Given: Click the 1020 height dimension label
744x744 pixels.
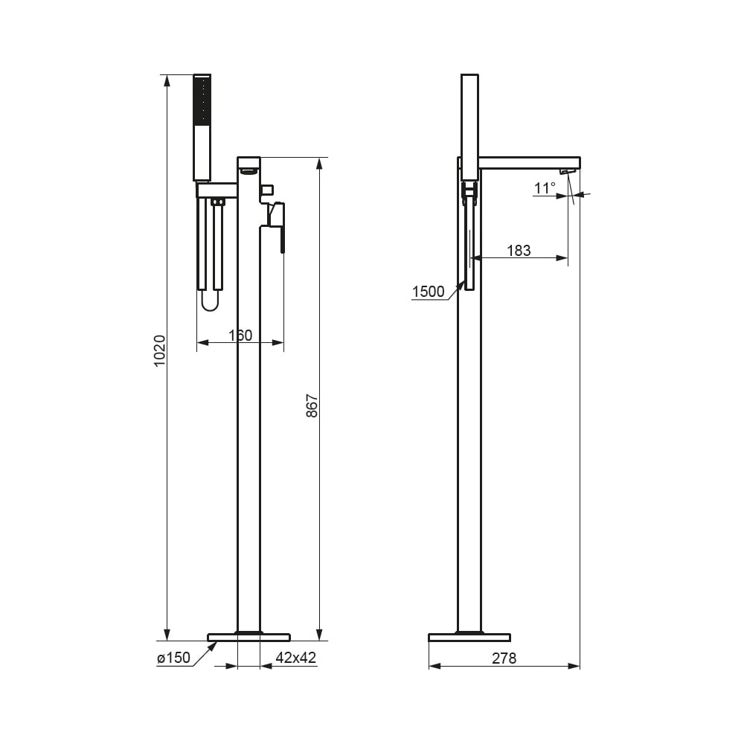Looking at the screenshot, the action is point(160,350).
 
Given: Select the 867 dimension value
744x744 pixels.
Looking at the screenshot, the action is point(312,405).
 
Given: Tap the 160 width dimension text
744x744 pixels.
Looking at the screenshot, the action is point(240,336).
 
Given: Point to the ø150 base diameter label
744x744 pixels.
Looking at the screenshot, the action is point(173,658).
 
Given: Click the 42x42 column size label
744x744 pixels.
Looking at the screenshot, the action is point(295,658).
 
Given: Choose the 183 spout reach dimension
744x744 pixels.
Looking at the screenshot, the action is point(519,251).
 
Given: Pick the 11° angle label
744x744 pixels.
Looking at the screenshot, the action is point(545,188).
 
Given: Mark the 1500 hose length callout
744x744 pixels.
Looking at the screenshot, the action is point(428,292).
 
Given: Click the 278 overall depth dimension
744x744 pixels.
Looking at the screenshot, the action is point(504,658).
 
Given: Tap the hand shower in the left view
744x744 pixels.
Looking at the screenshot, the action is point(202,127).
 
